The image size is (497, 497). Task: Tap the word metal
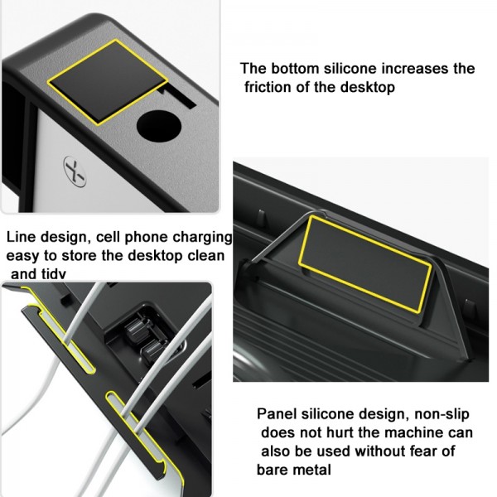pos(313,470)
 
